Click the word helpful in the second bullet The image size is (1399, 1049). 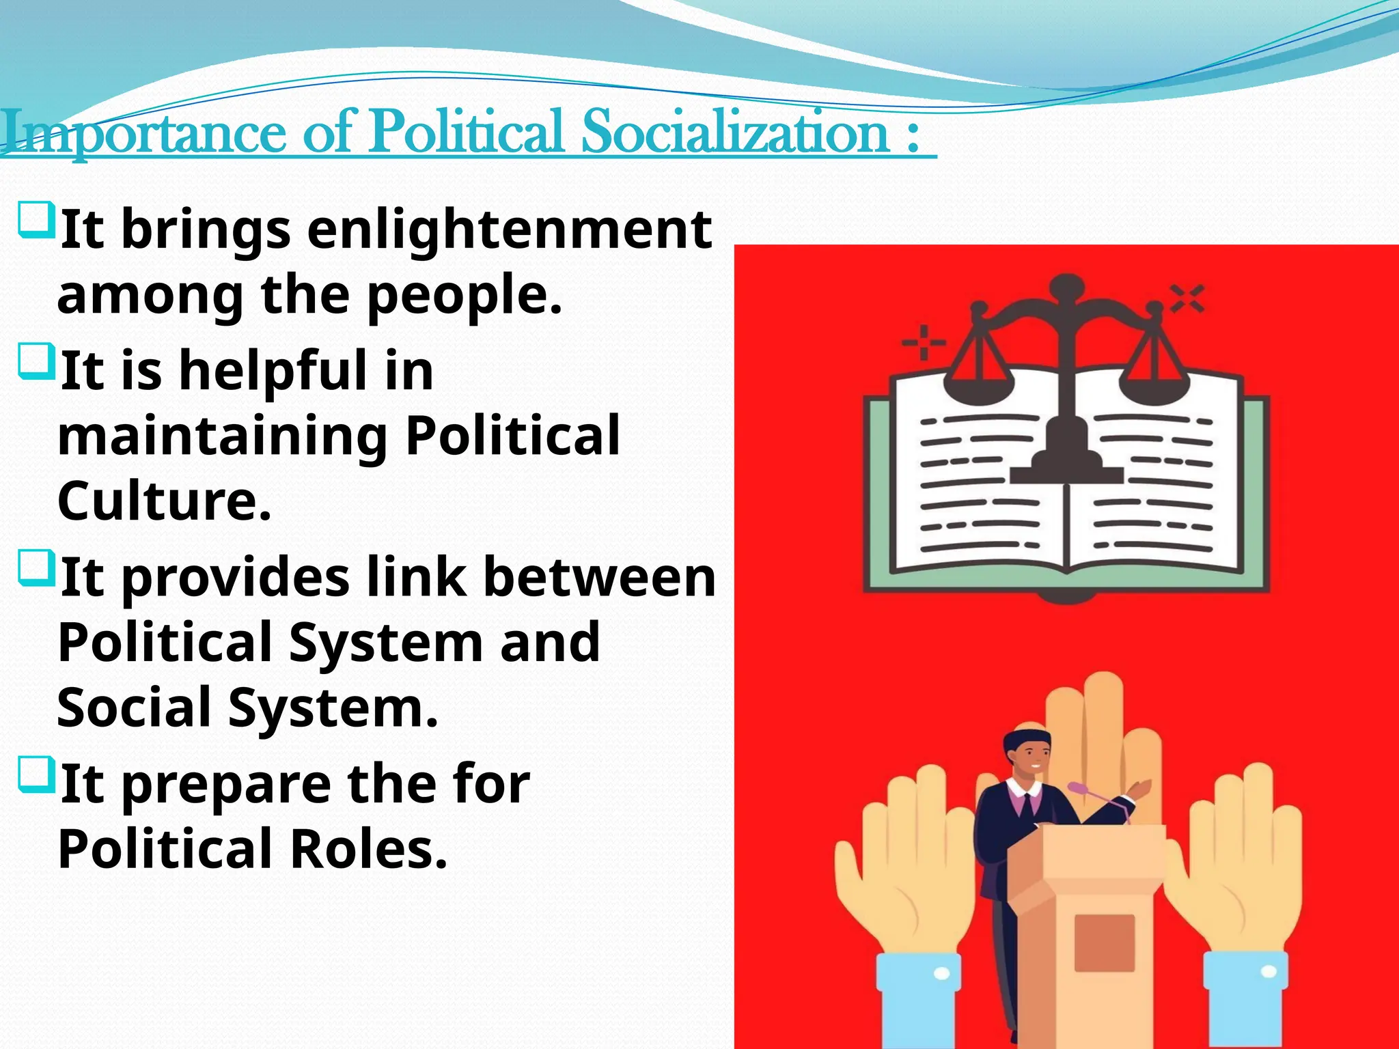pos(273,371)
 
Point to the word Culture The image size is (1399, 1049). pos(164,501)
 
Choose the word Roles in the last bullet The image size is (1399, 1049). pos(369,849)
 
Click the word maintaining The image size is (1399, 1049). pos(223,436)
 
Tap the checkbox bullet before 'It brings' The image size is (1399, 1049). pos(36,219)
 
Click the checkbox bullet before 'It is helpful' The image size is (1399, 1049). pos(36,361)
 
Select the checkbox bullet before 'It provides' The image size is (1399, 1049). pos(36,568)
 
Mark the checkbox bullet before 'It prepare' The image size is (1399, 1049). pos(36,774)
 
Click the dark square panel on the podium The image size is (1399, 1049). pos(1105,942)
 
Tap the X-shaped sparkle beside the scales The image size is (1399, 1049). pos(1187,298)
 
